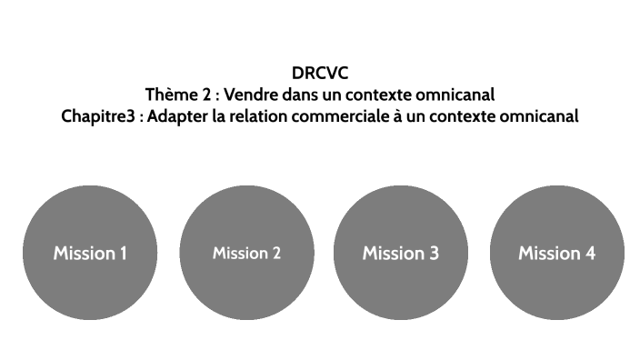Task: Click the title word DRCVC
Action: tap(320, 74)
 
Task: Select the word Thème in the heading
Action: tap(169, 95)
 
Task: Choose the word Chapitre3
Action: tap(98, 116)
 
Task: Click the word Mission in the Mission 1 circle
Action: tap(84, 254)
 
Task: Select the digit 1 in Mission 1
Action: tap(123, 254)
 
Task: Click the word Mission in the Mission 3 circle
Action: tap(394, 254)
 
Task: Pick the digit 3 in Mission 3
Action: tap(434, 254)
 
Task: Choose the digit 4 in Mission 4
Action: tap(590, 254)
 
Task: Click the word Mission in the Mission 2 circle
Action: tap(240, 254)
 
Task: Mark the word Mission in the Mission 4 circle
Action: tap(549, 254)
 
